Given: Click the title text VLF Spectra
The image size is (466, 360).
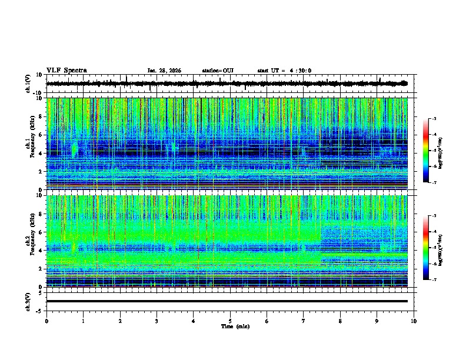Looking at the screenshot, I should pos(66,70).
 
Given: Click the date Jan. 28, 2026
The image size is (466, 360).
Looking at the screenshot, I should pos(164,71).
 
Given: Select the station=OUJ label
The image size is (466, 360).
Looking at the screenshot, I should pos(218,71).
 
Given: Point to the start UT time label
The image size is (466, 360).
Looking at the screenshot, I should pos(284,71).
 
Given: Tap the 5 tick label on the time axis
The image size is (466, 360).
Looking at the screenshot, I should pos(230,321).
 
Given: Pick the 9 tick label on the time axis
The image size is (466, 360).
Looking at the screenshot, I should pos(377,321).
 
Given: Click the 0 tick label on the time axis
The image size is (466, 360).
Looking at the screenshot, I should pos(46,321).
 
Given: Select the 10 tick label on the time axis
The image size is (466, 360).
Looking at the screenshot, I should pos(414,321).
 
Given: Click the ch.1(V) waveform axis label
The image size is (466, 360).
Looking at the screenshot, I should pos(28,84).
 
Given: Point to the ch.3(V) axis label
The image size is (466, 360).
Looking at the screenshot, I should pos(28,301).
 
